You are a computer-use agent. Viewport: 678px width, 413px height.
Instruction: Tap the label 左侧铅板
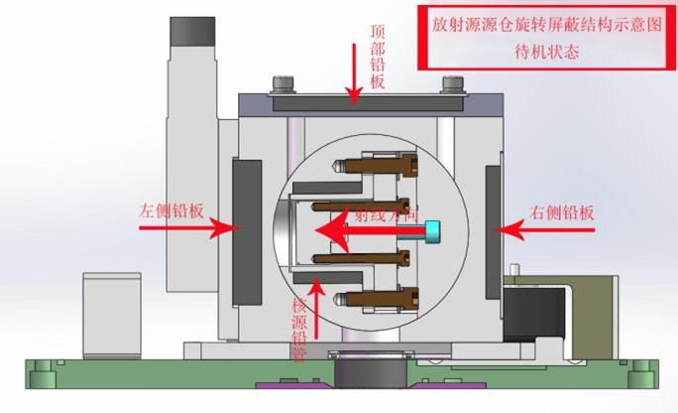tap(170, 210)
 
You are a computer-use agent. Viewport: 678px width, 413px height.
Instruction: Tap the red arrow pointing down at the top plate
tap(353, 74)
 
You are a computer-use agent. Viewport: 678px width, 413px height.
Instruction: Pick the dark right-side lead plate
tap(491, 230)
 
